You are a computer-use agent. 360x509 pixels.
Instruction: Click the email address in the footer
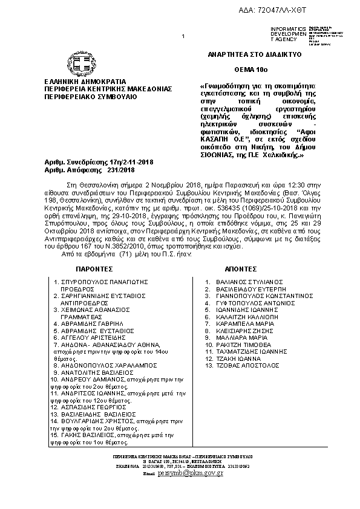pos(190,473)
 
